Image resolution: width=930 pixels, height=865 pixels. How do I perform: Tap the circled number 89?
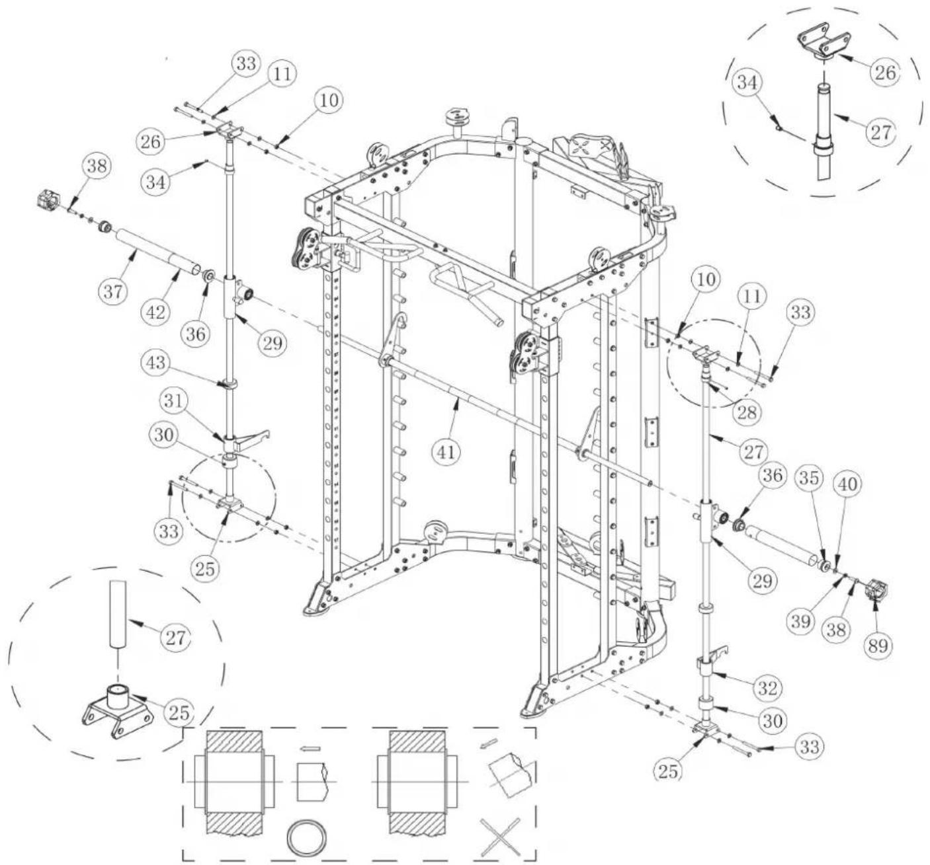pyautogui.click(x=878, y=646)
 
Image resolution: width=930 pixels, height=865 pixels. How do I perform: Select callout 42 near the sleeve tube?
pyautogui.click(x=156, y=311)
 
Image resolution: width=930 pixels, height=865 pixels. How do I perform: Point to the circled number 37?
pyautogui.click(x=113, y=292)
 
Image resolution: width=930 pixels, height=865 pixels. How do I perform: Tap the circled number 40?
pyautogui.click(x=848, y=485)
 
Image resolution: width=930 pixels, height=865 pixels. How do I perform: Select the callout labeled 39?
pyautogui.click(x=800, y=622)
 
